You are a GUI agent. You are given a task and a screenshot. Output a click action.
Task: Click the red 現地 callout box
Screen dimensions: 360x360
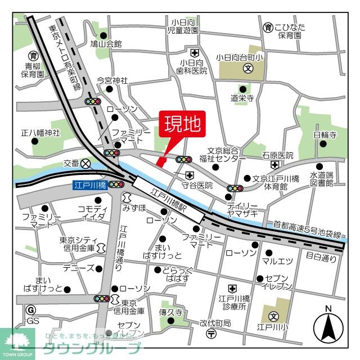click(182, 125)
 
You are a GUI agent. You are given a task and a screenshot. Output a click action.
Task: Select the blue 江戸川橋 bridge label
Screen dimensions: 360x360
click(90, 184)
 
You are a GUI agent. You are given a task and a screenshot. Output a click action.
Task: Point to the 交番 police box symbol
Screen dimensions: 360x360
click(85, 164)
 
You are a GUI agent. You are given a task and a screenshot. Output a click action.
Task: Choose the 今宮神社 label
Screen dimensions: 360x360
click(112, 80)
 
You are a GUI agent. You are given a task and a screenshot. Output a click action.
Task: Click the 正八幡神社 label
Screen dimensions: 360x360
click(40, 133)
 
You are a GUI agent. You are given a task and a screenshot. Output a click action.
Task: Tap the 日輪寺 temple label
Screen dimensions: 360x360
click(325, 135)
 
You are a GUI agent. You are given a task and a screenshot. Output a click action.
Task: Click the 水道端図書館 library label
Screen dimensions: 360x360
click(322, 178)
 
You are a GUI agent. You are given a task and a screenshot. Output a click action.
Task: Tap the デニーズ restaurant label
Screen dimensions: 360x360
click(77, 268)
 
